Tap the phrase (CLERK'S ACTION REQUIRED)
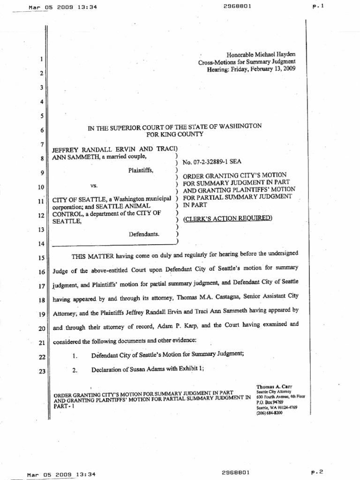[227, 218]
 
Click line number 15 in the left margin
[41, 258]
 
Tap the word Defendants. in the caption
[145, 232]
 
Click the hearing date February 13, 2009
[271, 69]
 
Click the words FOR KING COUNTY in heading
[175, 134]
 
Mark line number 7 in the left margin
[42, 144]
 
